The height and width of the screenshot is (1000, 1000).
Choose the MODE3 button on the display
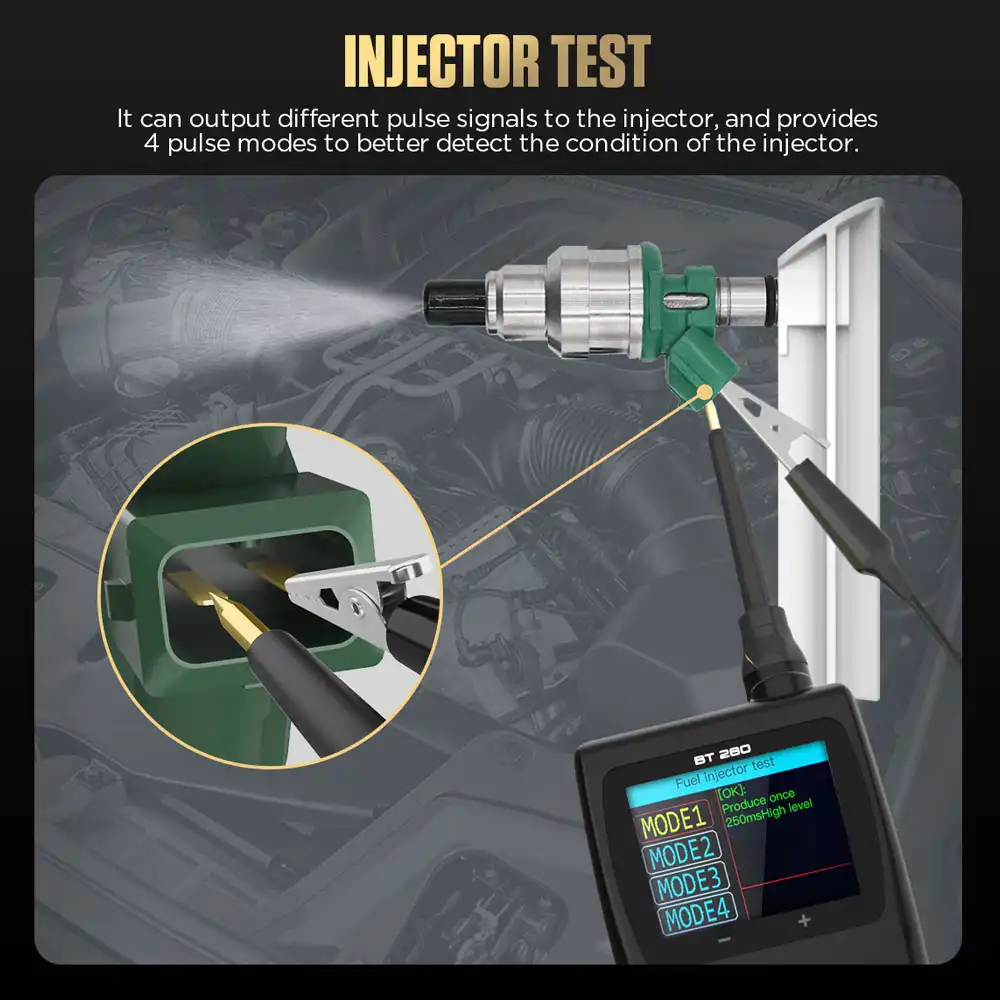point(690,884)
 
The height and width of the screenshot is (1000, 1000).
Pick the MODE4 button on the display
point(697,913)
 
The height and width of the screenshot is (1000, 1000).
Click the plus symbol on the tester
point(803,922)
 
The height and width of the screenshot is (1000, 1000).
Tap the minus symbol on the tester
point(725,942)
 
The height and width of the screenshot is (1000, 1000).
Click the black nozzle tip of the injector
point(446,295)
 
